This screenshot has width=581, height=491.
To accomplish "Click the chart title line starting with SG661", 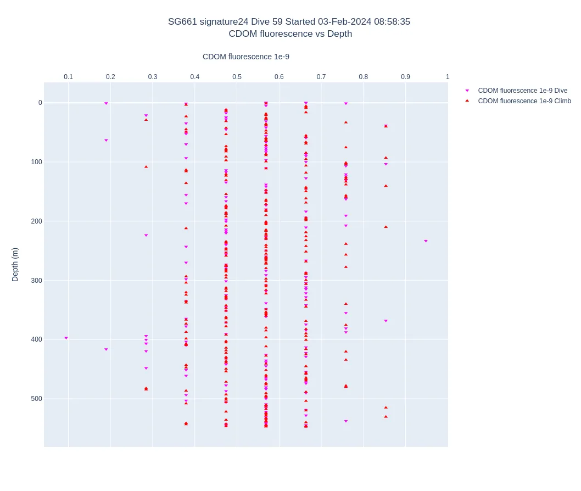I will point(289,22).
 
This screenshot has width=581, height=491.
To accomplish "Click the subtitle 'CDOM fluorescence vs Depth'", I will point(290,34).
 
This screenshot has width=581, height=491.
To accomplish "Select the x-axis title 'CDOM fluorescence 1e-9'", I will point(245,57).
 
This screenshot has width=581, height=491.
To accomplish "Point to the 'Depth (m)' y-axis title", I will point(15,264).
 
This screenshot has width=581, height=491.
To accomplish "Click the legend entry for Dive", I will point(522,91).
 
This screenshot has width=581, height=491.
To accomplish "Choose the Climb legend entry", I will point(524,101).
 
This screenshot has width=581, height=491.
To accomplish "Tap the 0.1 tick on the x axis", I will point(68,77).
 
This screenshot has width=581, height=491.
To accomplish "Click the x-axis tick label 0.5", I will point(237,77).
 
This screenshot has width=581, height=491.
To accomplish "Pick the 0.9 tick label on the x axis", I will point(405,77).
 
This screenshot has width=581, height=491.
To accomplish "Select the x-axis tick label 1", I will point(447,77).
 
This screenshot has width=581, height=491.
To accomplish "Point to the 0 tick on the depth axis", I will point(40,103).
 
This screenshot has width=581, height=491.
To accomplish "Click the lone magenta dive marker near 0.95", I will point(426,241).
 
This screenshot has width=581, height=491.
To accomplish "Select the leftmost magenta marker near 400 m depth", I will point(66,338).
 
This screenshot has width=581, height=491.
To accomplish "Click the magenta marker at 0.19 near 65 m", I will point(106,141).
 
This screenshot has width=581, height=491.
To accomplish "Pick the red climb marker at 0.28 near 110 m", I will point(146,166).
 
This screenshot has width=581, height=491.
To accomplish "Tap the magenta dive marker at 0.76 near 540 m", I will point(346,421).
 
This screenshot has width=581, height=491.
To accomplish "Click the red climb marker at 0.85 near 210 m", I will point(386,226).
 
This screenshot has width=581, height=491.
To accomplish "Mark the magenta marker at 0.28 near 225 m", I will point(146,235).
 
